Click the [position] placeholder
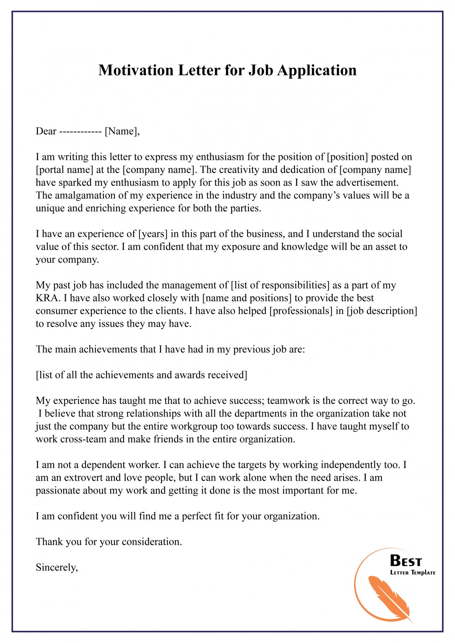click(347, 157)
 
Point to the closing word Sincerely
click(57, 568)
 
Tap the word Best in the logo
click(406, 561)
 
